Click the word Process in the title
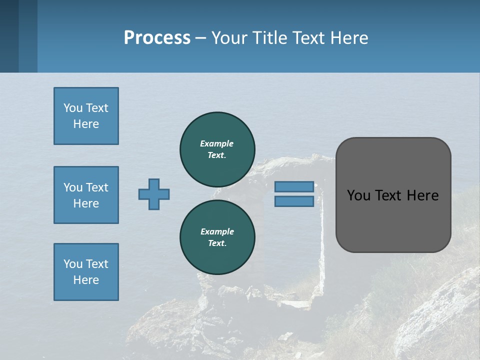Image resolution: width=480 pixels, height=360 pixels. coord(157,38)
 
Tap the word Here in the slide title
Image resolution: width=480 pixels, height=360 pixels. coord(348,38)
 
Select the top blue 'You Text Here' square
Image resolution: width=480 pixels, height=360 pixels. coord(86,116)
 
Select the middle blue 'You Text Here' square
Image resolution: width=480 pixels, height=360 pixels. coord(86,195)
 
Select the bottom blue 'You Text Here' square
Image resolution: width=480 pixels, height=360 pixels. coord(86,272)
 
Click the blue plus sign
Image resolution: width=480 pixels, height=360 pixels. coord(154,194)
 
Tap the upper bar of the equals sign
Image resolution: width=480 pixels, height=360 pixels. coord(294,186)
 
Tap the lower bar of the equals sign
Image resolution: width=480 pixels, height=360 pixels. coord(294,201)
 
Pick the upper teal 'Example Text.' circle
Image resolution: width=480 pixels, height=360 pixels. coord(217,149)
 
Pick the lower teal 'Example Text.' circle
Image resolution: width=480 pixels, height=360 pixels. coord(217,237)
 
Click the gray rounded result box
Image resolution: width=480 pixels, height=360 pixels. coord(393,195)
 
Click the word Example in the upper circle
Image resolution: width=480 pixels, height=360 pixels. coord(217,143)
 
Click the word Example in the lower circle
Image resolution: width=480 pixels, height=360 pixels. coord(217,231)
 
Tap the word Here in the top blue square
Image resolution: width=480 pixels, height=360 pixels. coord(86,124)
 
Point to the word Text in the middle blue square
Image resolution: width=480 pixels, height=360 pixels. coord(96,187)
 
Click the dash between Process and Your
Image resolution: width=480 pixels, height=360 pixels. coord(201,38)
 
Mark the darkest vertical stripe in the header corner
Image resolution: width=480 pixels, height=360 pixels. coord(9,36)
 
